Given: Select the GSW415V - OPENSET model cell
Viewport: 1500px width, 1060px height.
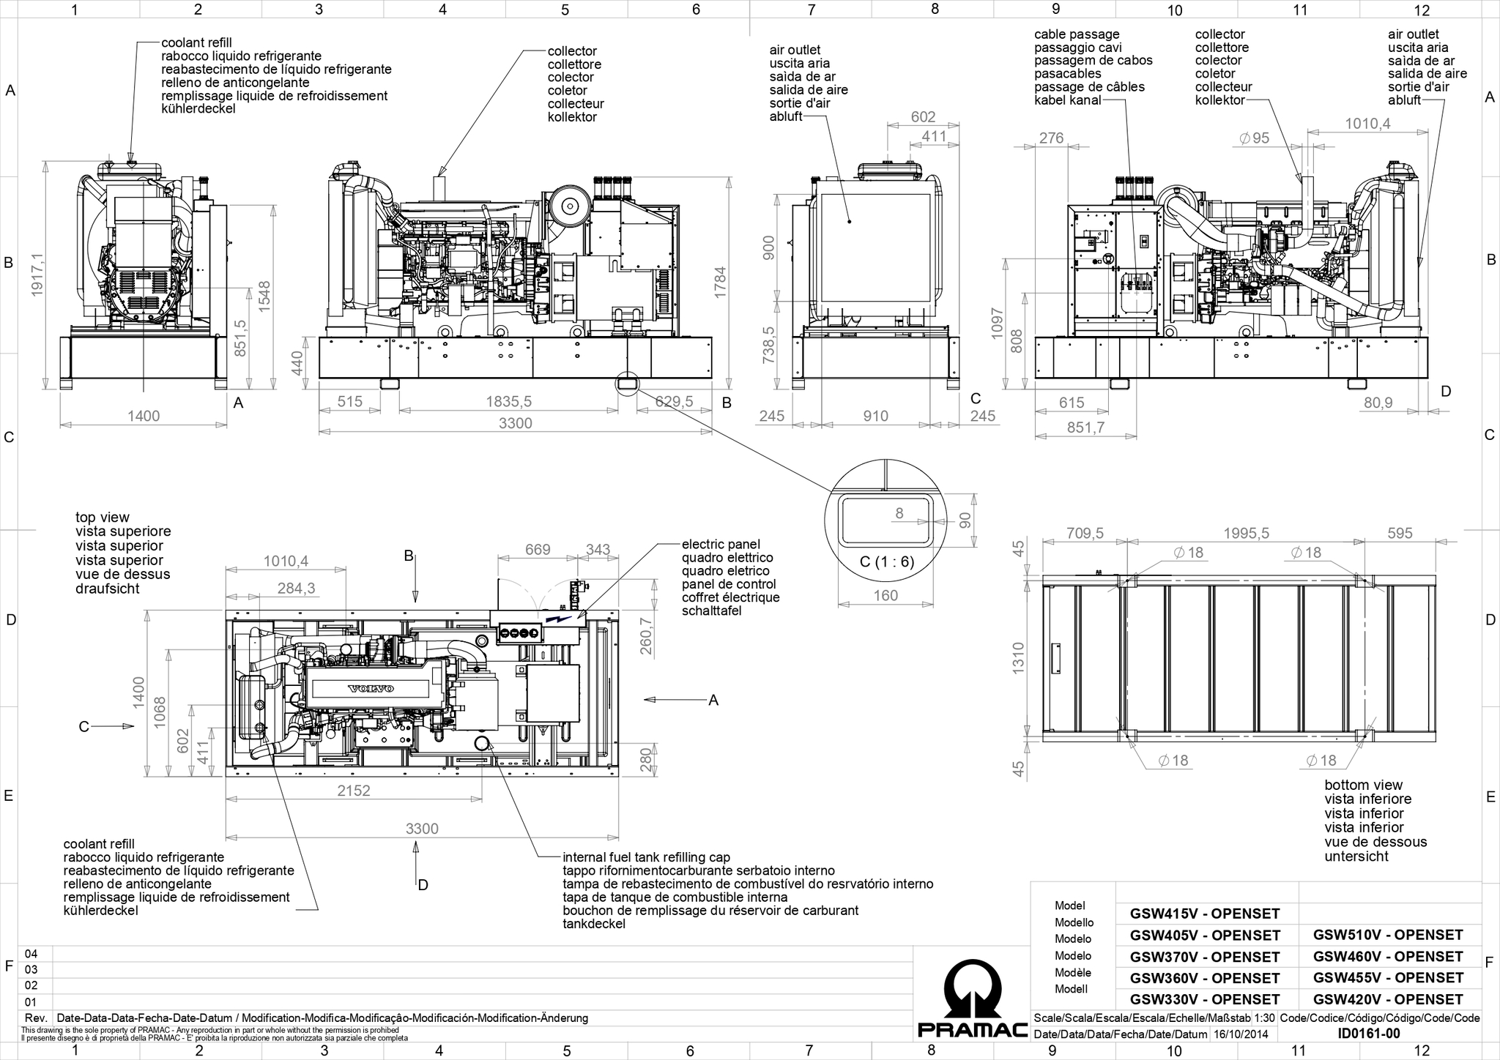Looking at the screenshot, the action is pos(1205,914).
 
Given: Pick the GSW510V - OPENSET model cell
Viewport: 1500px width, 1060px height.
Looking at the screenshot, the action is pos(1388,935).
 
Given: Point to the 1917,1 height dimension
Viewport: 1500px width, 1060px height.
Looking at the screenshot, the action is pos(37,275).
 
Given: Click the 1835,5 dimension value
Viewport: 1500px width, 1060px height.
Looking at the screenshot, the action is pos(508,401).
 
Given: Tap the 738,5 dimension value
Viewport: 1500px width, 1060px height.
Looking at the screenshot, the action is pos(768,345).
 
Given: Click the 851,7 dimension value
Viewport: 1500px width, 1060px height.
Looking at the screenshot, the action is pos(1085,428).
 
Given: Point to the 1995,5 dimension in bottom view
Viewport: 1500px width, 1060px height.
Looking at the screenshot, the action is pos(1246,534).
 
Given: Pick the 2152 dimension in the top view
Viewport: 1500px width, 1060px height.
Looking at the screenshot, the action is pos(354,791).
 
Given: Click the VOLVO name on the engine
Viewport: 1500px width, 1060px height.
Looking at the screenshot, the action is pos(371,689).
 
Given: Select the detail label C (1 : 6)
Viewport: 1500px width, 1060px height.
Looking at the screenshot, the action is pos(885,562).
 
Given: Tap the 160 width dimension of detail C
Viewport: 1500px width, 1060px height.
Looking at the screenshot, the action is pos(885,596).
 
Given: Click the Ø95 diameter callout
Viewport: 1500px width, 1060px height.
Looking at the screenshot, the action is pos(1254,138).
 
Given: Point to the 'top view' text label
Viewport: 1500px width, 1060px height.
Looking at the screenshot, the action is pos(103,518).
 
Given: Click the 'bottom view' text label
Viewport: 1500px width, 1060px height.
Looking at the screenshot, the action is pos(1364,785).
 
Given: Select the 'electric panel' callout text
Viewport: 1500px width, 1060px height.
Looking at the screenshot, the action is pos(721,544).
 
